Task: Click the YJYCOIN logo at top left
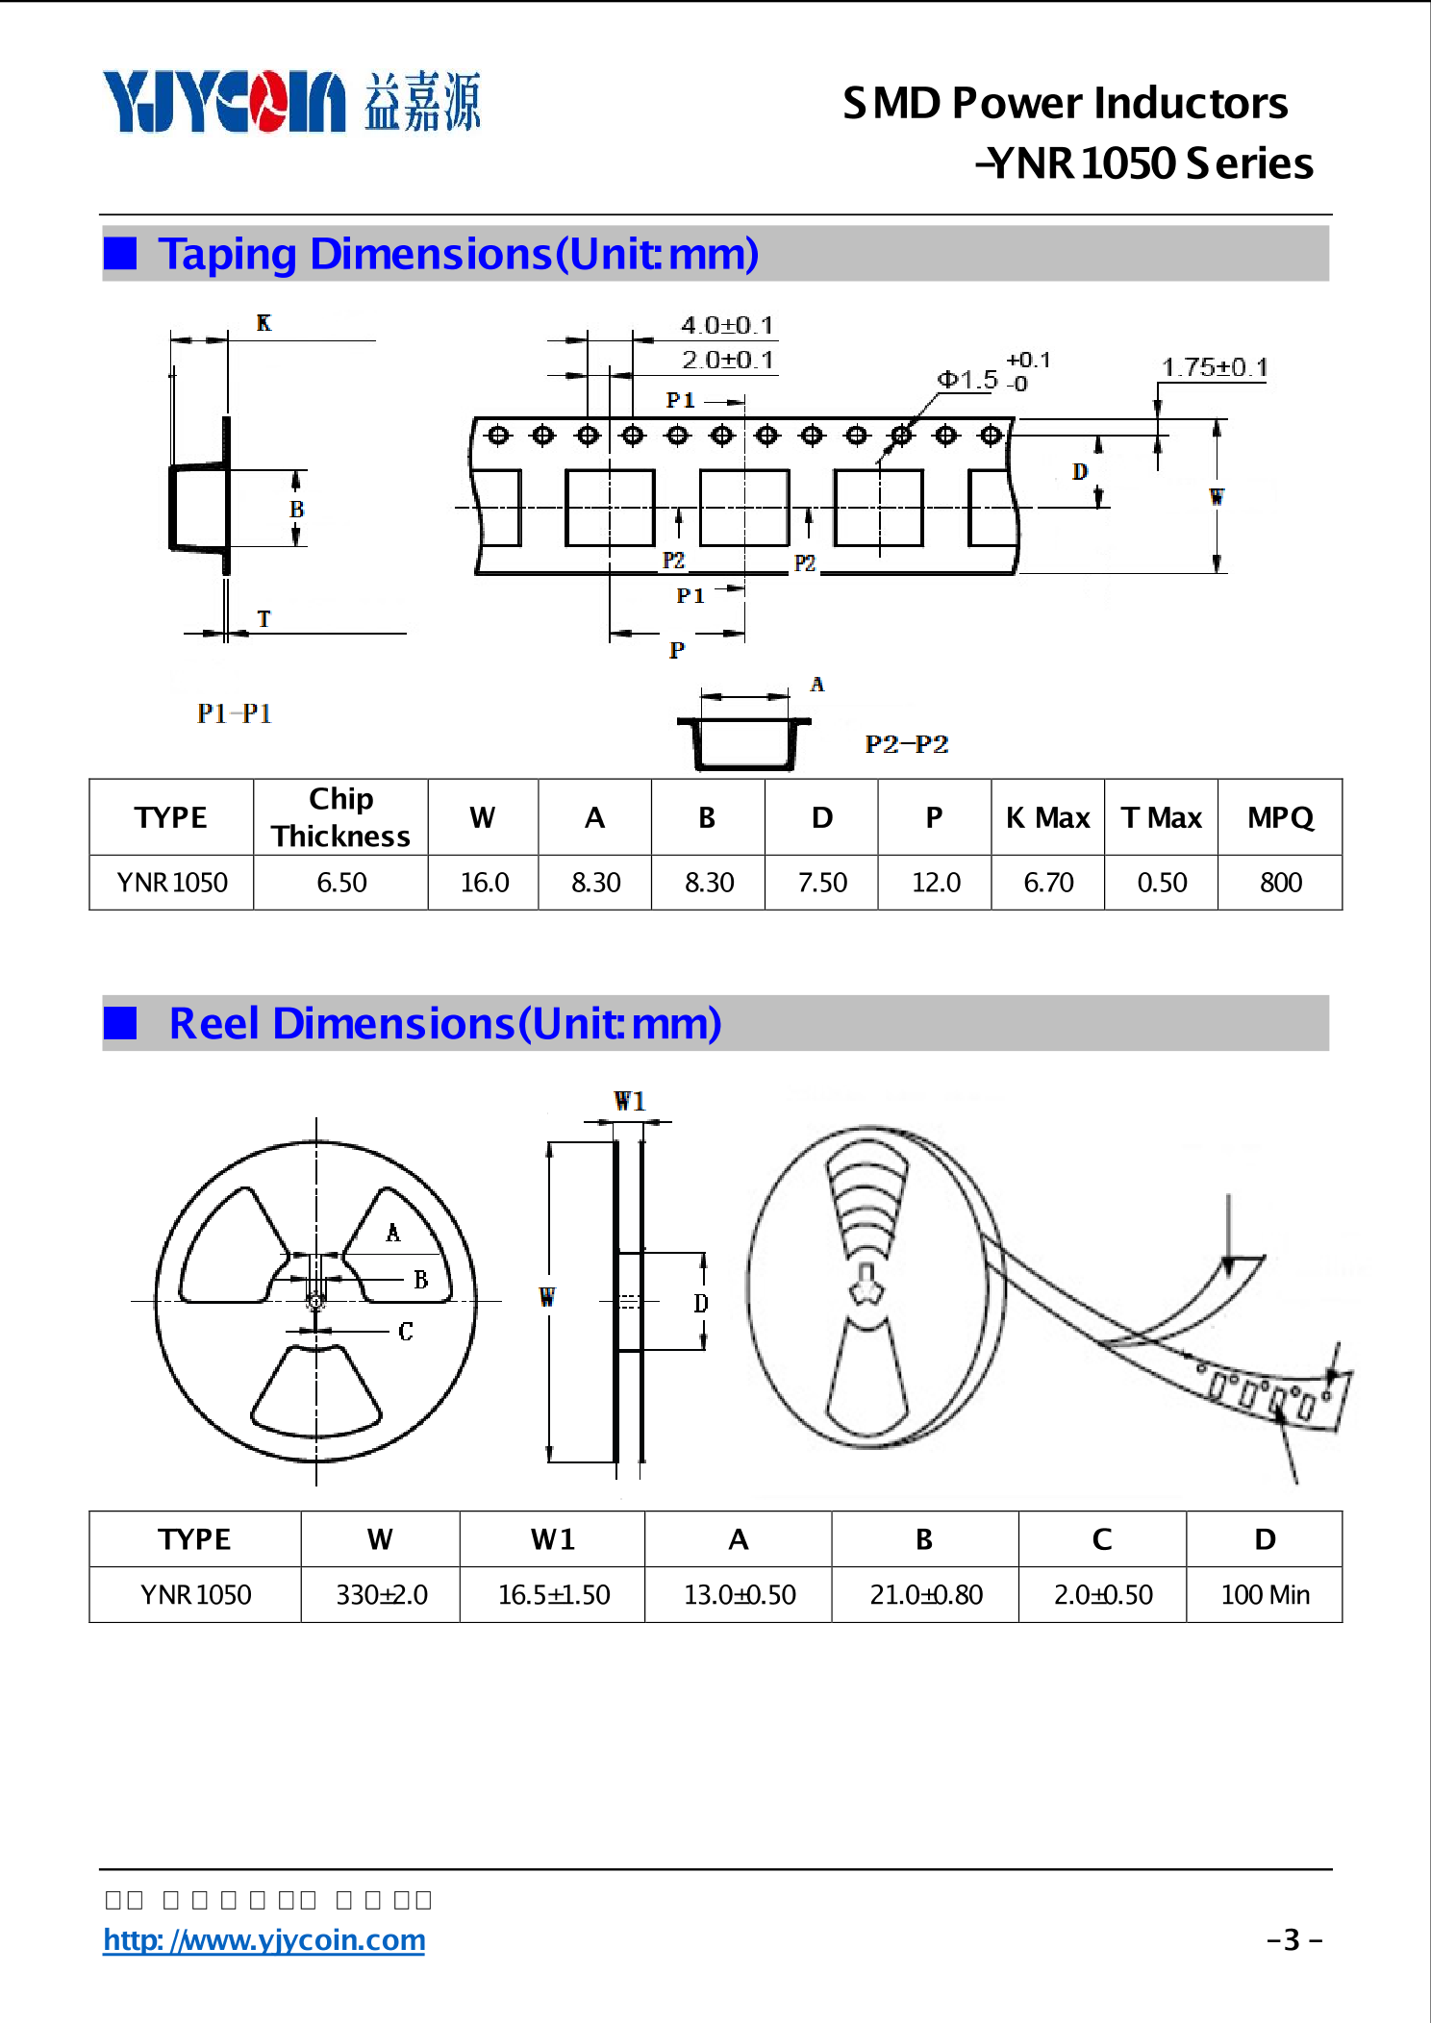click(223, 101)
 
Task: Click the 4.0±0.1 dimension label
click(727, 325)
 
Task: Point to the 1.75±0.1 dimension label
click(1214, 367)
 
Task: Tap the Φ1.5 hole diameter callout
click(967, 380)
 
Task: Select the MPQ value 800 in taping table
click(1280, 882)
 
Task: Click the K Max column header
click(1047, 817)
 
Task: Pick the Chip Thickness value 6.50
click(341, 882)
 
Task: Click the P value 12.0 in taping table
click(935, 882)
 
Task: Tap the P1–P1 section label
click(234, 713)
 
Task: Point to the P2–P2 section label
click(906, 744)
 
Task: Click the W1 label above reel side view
click(629, 1101)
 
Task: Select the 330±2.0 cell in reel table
click(381, 1595)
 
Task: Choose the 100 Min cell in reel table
click(1265, 1595)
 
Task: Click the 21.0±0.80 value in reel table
click(925, 1595)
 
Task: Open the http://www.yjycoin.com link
click(264, 1939)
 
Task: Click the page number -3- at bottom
click(1293, 1939)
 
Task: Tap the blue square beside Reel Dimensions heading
click(120, 1023)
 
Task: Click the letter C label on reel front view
click(405, 1332)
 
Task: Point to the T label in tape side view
click(264, 619)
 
